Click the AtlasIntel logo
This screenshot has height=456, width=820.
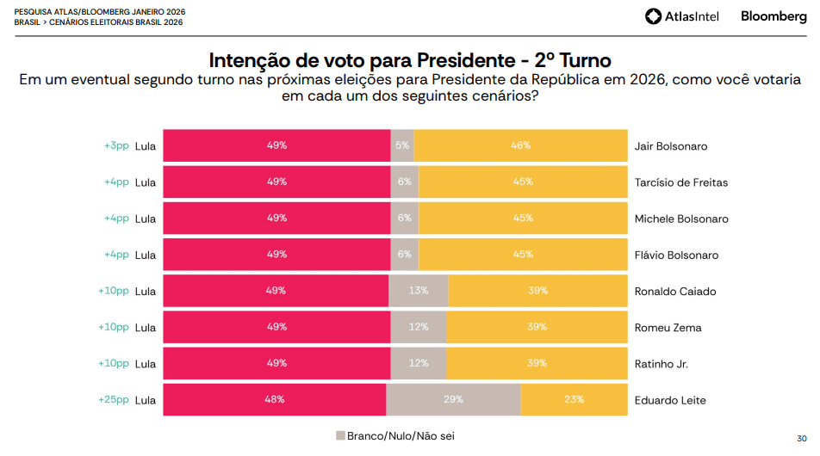click(x=685, y=16)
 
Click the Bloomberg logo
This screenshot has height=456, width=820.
click(x=773, y=16)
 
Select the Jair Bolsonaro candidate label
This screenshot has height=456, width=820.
click(x=670, y=146)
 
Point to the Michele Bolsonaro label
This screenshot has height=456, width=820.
click(x=680, y=219)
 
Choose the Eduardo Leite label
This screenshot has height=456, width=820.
click(x=669, y=400)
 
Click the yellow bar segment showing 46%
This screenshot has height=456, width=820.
click(x=520, y=145)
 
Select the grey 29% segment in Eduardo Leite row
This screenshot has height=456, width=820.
click(x=453, y=399)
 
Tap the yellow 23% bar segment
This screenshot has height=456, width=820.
click(x=574, y=399)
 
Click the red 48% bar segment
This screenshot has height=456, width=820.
click(x=275, y=399)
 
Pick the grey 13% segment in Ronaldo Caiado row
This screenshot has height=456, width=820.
click(x=419, y=291)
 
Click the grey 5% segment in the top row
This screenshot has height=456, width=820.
click(x=402, y=145)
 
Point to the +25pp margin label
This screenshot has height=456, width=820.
click(x=113, y=399)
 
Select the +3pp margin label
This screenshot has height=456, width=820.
click(x=115, y=145)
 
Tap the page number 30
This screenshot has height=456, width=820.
click(x=801, y=437)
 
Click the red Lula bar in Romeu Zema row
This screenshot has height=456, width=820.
click(x=276, y=327)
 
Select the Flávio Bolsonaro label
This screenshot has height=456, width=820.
click(x=676, y=256)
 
